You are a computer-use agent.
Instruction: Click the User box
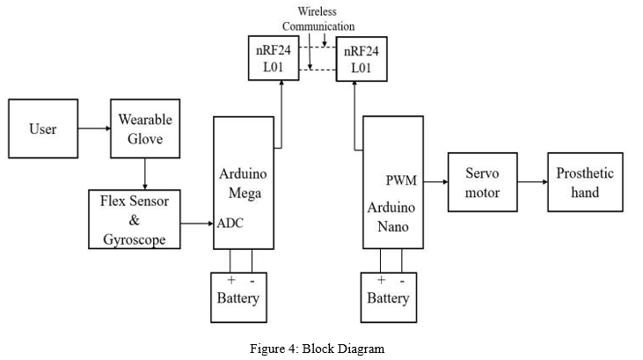[43, 129]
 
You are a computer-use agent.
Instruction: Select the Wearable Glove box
[145, 129]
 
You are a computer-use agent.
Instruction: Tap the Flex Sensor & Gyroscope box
[135, 219]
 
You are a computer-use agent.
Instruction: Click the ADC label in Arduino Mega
[230, 223]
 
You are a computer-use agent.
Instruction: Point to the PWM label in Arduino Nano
[401, 180]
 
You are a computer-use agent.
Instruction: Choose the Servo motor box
[483, 182]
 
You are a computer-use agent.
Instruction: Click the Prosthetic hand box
[585, 182]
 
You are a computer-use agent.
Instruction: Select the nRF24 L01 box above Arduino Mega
[274, 58]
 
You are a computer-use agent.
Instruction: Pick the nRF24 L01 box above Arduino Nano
[362, 59]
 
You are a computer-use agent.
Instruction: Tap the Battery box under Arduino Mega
[238, 298]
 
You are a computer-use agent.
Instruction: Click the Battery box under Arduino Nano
[389, 298]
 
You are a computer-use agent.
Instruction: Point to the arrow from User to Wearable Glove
[94, 129]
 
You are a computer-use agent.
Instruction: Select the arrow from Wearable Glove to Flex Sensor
[145, 173]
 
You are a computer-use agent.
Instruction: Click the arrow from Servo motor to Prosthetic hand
[533, 182]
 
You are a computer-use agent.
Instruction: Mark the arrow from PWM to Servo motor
[435, 182]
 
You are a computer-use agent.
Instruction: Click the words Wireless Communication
[318, 18]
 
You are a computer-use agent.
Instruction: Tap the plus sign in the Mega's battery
[231, 280]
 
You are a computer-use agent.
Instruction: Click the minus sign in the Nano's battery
[402, 281]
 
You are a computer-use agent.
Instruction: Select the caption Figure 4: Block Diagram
[318, 349]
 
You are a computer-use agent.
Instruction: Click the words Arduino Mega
[243, 183]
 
